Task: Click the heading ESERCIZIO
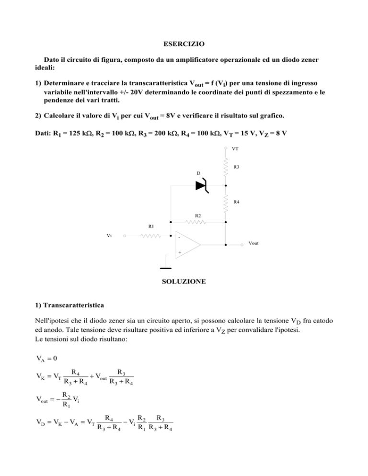(x=184, y=44)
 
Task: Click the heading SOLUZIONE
(x=184, y=282)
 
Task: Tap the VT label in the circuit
(x=235, y=149)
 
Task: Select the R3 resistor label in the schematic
(x=236, y=167)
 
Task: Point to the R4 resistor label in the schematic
(x=236, y=202)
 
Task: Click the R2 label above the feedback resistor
(x=197, y=216)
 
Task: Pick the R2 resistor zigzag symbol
(x=197, y=222)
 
